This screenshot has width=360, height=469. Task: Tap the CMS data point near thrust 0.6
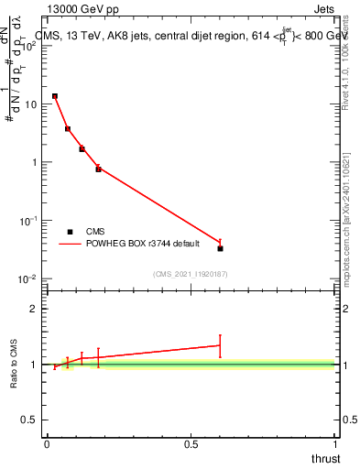pos(220,248)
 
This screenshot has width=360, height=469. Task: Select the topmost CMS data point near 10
pos(55,96)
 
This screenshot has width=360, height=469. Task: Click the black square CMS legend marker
pos(70,232)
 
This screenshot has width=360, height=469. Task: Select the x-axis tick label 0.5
pos(191,444)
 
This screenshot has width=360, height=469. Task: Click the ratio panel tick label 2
pos(34,309)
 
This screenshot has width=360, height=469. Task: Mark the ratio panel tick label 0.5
pos(30,420)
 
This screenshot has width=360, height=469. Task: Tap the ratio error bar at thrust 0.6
pos(220,345)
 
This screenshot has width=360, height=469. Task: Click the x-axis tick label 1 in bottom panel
pos(335,444)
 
